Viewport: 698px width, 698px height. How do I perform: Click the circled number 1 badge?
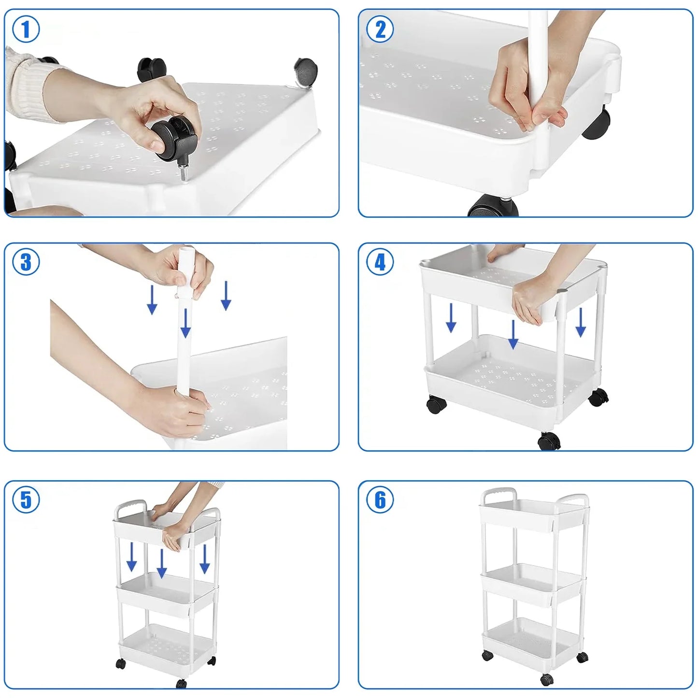click(x=26, y=29)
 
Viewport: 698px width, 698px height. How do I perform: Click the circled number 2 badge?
click(x=380, y=29)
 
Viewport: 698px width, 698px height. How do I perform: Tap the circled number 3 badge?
click(x=26, y=262)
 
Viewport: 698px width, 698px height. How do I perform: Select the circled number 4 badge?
click(x=380, y=262)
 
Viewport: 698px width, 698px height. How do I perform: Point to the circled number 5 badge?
click(x=26, y=499)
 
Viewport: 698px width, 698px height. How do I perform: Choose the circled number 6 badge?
click(x=380, y=499)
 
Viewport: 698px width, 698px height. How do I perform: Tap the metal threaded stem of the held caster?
click(x=183, y=171)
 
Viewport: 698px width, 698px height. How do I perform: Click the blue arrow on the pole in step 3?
click(x=186, y=323)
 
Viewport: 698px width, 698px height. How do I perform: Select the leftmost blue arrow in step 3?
click(x=152, y=299)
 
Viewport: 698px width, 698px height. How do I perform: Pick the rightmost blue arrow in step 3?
click(x=226, y=296)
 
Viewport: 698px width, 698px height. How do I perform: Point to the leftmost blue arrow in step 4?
click(x=451, y=318)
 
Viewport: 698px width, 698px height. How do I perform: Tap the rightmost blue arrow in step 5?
click(x=205, y=559)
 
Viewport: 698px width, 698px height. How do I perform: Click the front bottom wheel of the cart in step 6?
click(x=547, y=678)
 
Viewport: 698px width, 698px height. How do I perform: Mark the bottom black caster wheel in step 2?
click(x=493, y=206)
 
